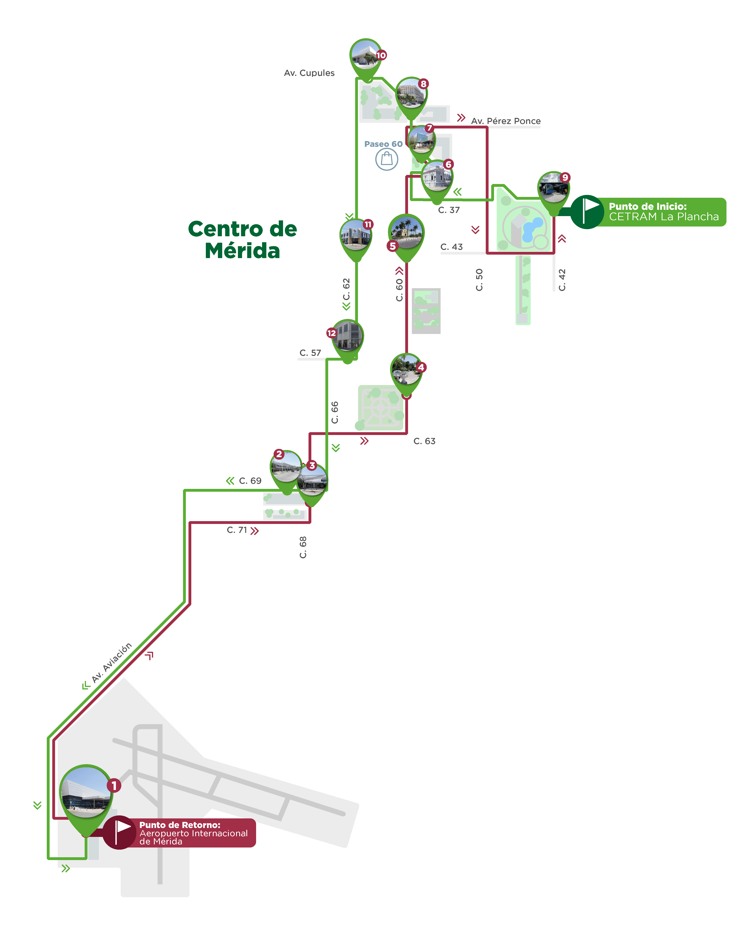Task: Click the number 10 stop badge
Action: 381,55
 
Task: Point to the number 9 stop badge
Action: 565,177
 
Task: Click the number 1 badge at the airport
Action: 114,785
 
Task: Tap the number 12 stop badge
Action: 331,333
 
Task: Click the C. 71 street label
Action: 237,530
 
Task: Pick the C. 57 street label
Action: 310,353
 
